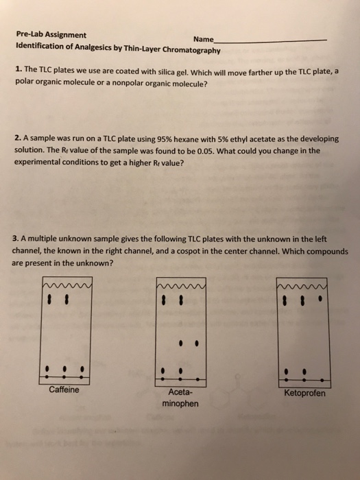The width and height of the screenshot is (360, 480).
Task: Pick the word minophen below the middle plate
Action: pos(180,404)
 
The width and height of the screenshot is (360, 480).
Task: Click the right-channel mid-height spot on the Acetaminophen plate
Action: pos(197,339)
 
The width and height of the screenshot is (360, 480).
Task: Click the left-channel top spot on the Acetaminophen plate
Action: pos(163,300)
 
